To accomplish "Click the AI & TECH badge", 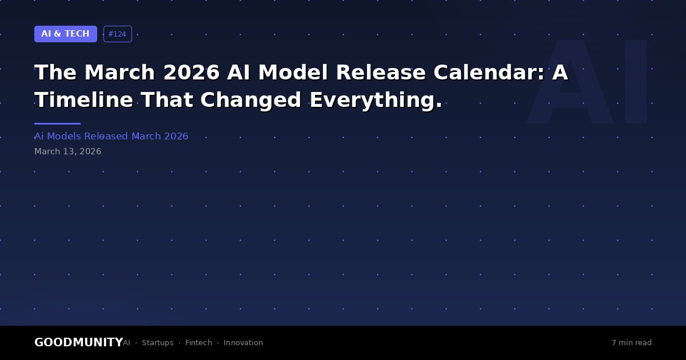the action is tap(66, 34).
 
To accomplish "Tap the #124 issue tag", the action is tap(118, 34).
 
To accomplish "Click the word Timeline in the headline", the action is tap(84, 100).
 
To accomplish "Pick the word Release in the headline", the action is tap(381, 73).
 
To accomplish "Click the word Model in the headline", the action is tap(293, 73).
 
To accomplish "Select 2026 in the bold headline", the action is tap(192, 73).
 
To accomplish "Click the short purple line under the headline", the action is tap(57, 123).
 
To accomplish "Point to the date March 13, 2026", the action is tap(67, 151).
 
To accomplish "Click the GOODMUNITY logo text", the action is tap(79, 342).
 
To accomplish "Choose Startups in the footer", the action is tap(157, 343).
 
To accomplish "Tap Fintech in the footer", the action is tap(198, 342).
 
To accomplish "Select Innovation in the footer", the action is tap(243, 342).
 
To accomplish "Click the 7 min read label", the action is tap(632, 342).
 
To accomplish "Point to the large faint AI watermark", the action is tap(587, 82).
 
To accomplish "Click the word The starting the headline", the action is tap(55, 73).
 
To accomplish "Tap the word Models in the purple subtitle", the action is tap(64, 136).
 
